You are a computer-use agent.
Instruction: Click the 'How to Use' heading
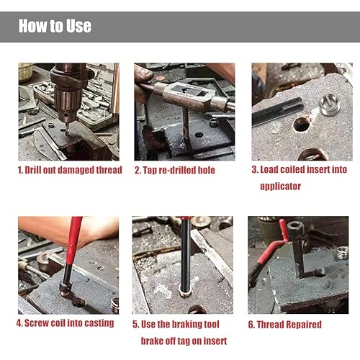click(55, 27)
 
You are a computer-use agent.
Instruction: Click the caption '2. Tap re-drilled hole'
click(174, 171)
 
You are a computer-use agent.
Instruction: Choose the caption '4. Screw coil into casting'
click(66, 323)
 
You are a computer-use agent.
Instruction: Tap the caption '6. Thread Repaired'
click(286, 324)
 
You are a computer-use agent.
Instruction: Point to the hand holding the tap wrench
click(143, 73)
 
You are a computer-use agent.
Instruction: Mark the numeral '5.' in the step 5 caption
click(137, 324)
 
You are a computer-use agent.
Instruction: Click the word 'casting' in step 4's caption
click(98, 323)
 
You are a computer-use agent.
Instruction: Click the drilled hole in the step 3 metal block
click(301, 124)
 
